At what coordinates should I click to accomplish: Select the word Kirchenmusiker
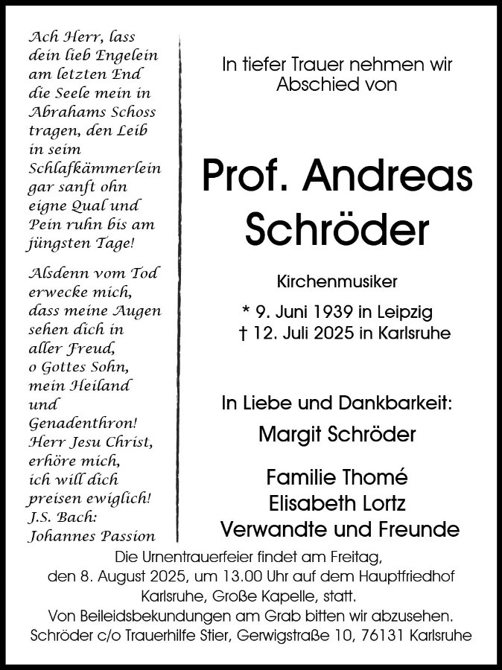(337, 282)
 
